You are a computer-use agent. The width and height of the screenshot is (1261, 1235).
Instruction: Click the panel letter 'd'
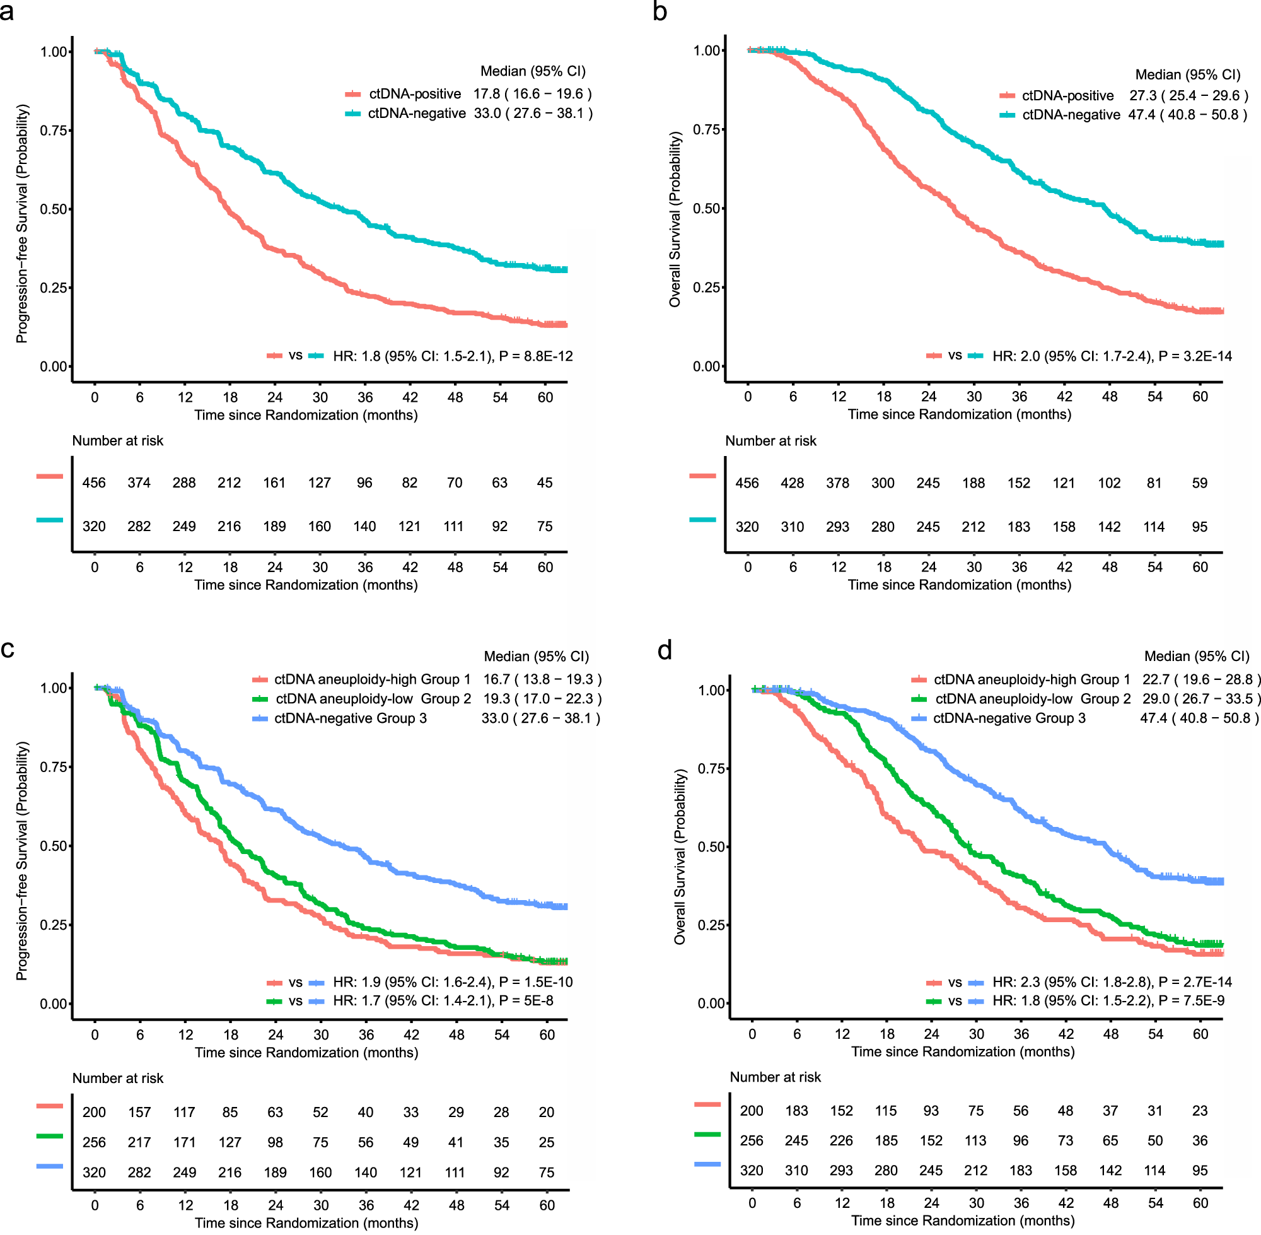665,650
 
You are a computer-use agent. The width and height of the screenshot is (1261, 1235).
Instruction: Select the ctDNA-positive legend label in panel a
415,94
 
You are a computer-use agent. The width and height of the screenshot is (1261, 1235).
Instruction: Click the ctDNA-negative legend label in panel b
1071,115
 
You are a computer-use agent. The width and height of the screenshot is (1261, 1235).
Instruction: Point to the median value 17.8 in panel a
486,94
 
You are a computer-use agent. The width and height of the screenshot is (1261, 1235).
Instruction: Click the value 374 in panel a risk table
139,483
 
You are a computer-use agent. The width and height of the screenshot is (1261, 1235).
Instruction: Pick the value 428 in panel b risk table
793,483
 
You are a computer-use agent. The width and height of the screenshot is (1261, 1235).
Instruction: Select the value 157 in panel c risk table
139,1113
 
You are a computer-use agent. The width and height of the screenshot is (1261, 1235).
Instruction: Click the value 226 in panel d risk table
842,1141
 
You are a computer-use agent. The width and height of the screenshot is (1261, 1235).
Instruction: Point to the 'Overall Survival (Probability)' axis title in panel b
675,219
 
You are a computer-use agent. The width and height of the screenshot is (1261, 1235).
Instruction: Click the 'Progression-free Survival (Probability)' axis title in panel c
22,861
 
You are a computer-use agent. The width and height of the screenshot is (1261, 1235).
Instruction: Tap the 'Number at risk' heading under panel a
117,441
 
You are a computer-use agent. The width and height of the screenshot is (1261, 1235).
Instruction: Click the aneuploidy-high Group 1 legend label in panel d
1031,680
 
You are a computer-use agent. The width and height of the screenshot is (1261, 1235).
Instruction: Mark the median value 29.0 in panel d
1154,699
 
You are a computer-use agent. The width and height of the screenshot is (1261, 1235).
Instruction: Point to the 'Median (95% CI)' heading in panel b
1188,74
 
